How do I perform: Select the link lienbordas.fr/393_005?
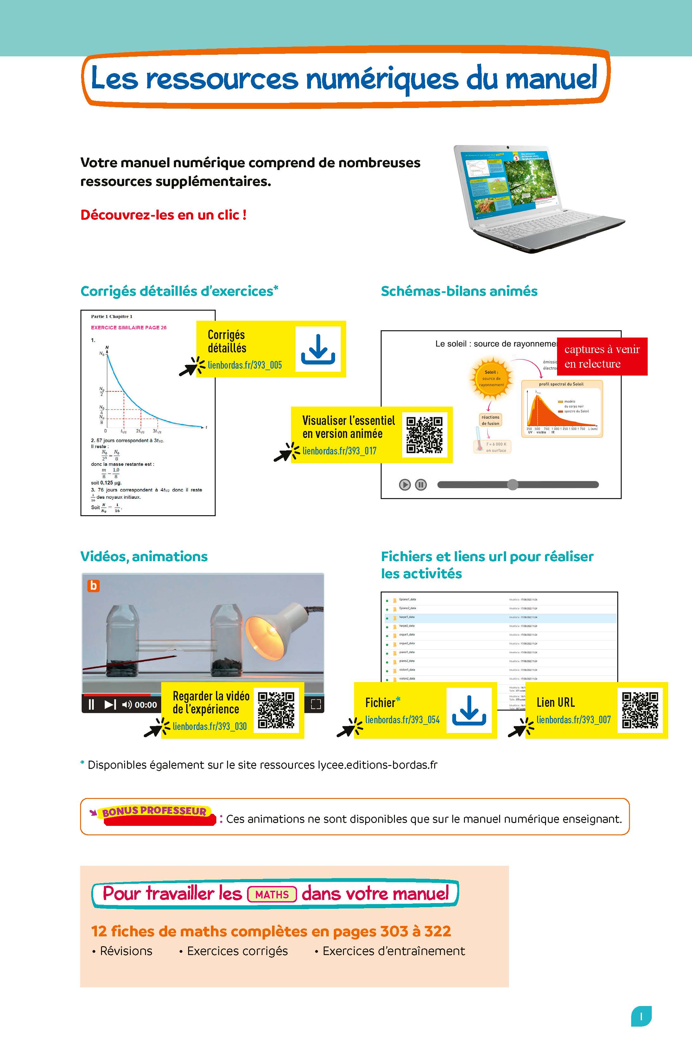point(244,365)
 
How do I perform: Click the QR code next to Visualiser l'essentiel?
point(424,434)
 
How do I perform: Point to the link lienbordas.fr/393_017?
point(339,451)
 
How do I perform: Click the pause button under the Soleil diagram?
point(421,485)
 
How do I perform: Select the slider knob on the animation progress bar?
point(512,484)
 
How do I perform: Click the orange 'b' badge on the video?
point(93,586)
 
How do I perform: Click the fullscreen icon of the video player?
point(316,704)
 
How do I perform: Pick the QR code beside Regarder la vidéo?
point(276,710)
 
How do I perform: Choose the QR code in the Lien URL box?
point(639,710)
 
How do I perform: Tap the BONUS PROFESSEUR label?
point(154,812)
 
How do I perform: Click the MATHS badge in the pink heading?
point(272,895)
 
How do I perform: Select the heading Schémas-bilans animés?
point(459,291)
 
